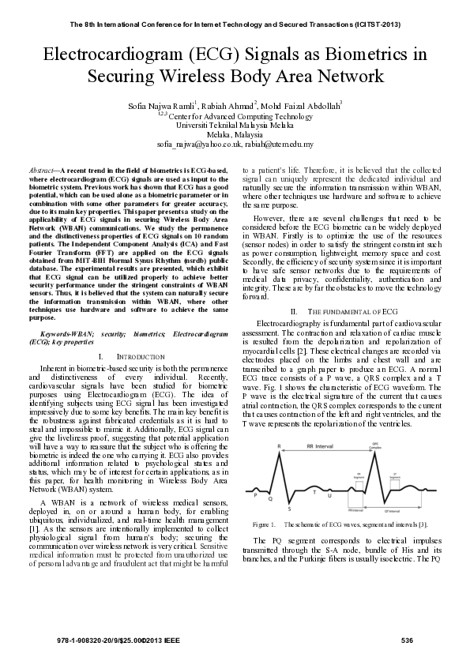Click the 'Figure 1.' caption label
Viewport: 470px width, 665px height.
tap(264, 524)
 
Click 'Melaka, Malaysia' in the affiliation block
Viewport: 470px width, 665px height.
tap(235, 135)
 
